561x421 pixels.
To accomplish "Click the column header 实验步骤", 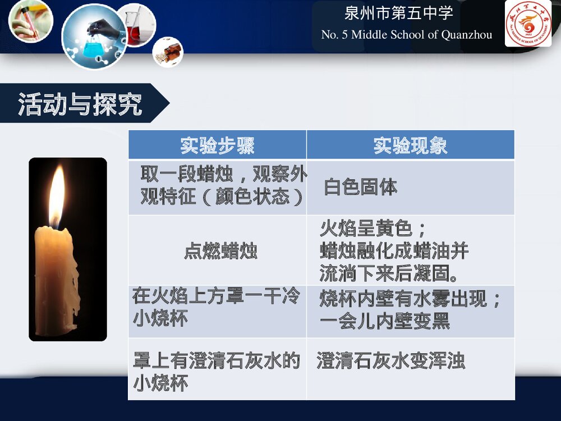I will (x=217, y=145).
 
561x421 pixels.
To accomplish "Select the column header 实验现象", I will (x=410, y=145).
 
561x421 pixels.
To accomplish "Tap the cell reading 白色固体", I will (x=360, y=187).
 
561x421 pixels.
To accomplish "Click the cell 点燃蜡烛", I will (x=220, y=251).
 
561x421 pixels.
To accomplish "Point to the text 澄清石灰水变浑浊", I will (x=390, y=360).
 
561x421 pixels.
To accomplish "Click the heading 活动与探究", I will (x=80, y=104).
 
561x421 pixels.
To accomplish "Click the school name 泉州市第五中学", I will (x=398, y=14).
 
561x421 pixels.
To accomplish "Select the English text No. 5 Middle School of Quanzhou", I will (x=406, y=35).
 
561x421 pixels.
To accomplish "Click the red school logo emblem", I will (x=527, y=24).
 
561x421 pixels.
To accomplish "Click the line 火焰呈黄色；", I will (x=374, y=228).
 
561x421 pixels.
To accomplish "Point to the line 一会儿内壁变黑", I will (x=385, y=322).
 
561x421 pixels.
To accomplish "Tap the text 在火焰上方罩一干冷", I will (x=216, y=296).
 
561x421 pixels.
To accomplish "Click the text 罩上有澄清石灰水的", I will (x=216, y=360).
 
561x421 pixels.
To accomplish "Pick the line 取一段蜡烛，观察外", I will (x=223, y=175).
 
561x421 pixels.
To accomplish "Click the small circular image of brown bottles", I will (x=168, y=52).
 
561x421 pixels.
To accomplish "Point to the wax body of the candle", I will (x=56, y=275).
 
